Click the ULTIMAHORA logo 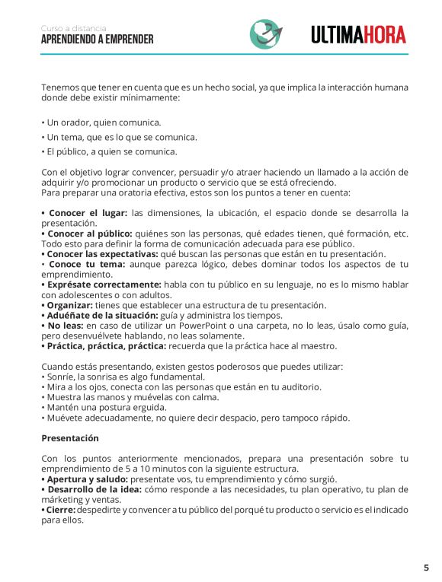(358, 34)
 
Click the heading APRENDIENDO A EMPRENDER (97, 40)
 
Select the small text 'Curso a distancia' (74, 28)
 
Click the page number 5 (426, 568)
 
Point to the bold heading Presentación (70, 438)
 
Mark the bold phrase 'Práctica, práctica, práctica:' (104, 346)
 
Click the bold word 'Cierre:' (60, 510)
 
